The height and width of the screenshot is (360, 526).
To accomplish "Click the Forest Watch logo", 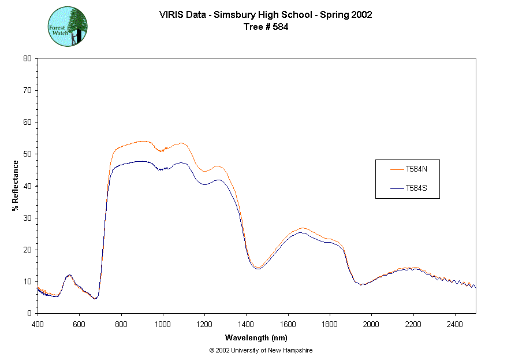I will (68, 27).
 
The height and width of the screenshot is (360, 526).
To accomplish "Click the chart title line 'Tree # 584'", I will (266, 27).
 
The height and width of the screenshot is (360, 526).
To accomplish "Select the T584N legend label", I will (416, 169).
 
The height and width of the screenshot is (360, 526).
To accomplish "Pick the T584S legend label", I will (416, 188).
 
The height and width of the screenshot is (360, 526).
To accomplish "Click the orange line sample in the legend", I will (397, 169).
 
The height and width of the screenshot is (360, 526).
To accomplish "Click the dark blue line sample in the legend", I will (397, 188).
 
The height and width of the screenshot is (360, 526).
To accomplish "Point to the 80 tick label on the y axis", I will (27, 58).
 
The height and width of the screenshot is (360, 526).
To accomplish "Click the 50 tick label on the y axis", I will (27, 154).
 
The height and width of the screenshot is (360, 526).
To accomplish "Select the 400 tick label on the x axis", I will (38, 324).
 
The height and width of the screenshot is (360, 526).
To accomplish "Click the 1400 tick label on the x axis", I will (247, 324).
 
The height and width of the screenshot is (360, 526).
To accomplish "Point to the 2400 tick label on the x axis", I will (455, 324).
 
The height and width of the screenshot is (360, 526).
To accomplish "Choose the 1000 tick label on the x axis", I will (163, 324).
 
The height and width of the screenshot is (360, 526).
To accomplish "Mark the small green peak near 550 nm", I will (69, 275).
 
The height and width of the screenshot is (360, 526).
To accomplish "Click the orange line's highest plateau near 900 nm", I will (142, 141).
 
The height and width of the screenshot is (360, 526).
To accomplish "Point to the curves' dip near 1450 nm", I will (258, 268).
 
